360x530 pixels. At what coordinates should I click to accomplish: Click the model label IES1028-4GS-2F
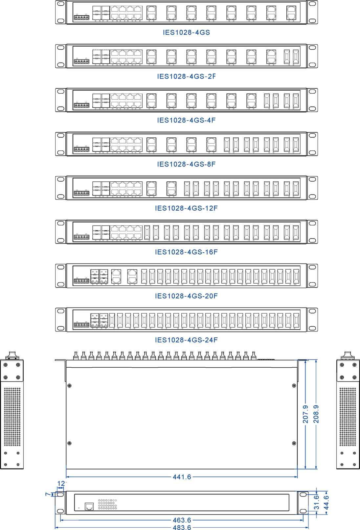click(x=186, y=77)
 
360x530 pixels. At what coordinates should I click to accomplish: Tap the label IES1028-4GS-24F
click(x=186, y=340)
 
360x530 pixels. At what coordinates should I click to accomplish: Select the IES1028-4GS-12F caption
click(x=186, y=208)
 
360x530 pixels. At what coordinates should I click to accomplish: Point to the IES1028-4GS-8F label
click(x=186, y=164)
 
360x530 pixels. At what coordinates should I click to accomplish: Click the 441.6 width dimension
click(x=182, y=477)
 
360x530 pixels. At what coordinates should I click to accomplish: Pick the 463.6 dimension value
click(x=182, y=520)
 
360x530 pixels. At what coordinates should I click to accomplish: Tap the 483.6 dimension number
click(x=182, y=527)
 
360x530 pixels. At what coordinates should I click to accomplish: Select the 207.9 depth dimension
click(x=305, y=414)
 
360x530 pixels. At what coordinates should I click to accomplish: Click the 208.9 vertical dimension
click(x=316, y=414)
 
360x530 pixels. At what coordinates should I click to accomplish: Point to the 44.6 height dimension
click(x=326, y=502)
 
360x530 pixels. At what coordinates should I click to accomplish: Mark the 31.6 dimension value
click(x=317, y=502)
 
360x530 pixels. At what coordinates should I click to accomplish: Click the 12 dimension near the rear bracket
click(x=61, y=483)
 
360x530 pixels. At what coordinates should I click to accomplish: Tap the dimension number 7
click(x=48, y=494)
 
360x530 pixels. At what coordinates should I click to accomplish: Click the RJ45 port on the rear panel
click(x=89, y=506)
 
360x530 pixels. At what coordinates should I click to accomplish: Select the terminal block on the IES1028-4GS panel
click(x=81, y=17)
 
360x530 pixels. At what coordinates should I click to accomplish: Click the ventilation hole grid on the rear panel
click(x=107, y=504)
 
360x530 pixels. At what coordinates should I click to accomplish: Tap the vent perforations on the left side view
click(x=12, y=417)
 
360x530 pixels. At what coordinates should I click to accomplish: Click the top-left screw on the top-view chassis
click(x=69, y=386)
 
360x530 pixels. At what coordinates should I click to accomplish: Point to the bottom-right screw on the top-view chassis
click(x=294, y=443)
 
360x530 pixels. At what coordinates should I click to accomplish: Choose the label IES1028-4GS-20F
click(x=186, y=296)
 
